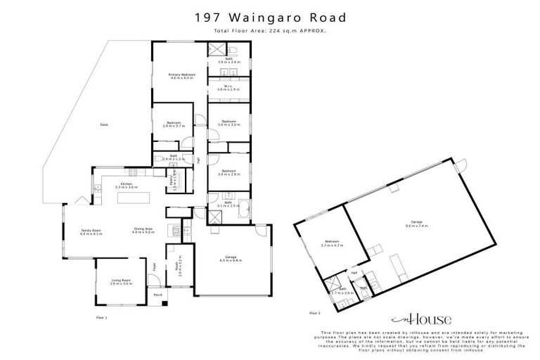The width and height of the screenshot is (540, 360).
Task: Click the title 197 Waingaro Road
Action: [270, 16]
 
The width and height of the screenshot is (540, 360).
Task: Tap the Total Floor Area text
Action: [270, 32]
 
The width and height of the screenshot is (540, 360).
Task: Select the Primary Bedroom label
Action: [181, 76]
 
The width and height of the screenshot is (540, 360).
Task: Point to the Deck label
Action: [103, 125]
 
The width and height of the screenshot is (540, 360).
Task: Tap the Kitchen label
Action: [127, 186]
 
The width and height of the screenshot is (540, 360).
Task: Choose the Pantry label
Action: [172, 182]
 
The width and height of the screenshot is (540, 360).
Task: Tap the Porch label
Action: [159, 295]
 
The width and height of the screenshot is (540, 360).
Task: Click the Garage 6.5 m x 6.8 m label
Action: [231, 259]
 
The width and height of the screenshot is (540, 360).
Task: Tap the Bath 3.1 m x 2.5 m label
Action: [229, 204]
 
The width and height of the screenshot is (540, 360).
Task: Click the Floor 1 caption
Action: [101, 319]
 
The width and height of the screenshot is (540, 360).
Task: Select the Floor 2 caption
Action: [314, 311]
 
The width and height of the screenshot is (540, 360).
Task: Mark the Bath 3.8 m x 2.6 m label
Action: [229, 60]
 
